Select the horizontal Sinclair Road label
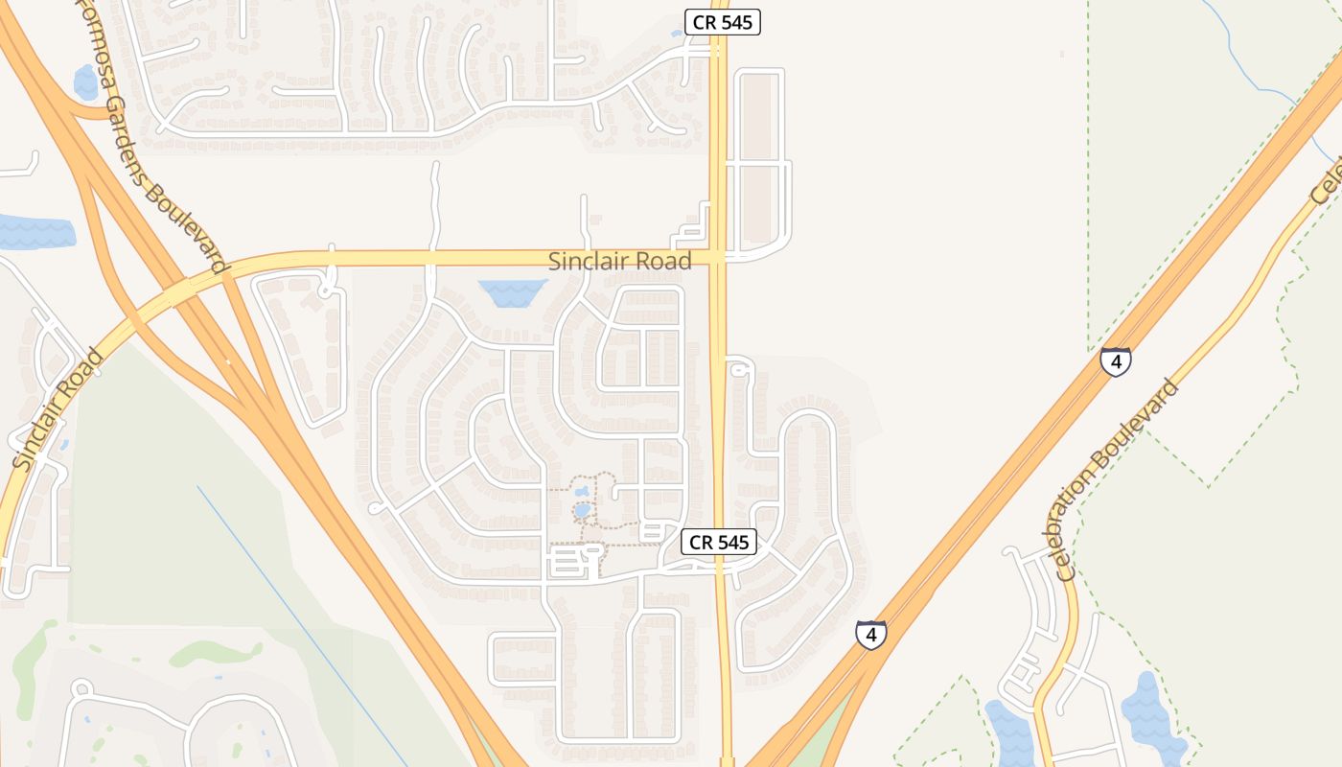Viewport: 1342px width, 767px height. click(619, 261)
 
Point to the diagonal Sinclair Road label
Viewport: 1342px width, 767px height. click(58, 409)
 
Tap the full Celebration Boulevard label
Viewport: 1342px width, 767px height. click(1116, 480)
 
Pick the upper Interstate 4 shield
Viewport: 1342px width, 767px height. click(1115, 361)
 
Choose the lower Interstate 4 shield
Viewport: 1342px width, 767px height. click(870, 635)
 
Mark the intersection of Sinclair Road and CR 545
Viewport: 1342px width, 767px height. click(718, 257)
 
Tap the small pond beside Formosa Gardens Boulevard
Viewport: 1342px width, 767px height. click(86, 82)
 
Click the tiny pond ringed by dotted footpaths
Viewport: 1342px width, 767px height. click(582, 510)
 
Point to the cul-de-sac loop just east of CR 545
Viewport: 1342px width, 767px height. click(736, 368)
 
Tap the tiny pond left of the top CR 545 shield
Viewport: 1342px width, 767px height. click(677, 34)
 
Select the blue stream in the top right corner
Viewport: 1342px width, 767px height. click(1265, 77)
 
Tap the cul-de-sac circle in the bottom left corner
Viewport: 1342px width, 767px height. click(81, 688)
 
